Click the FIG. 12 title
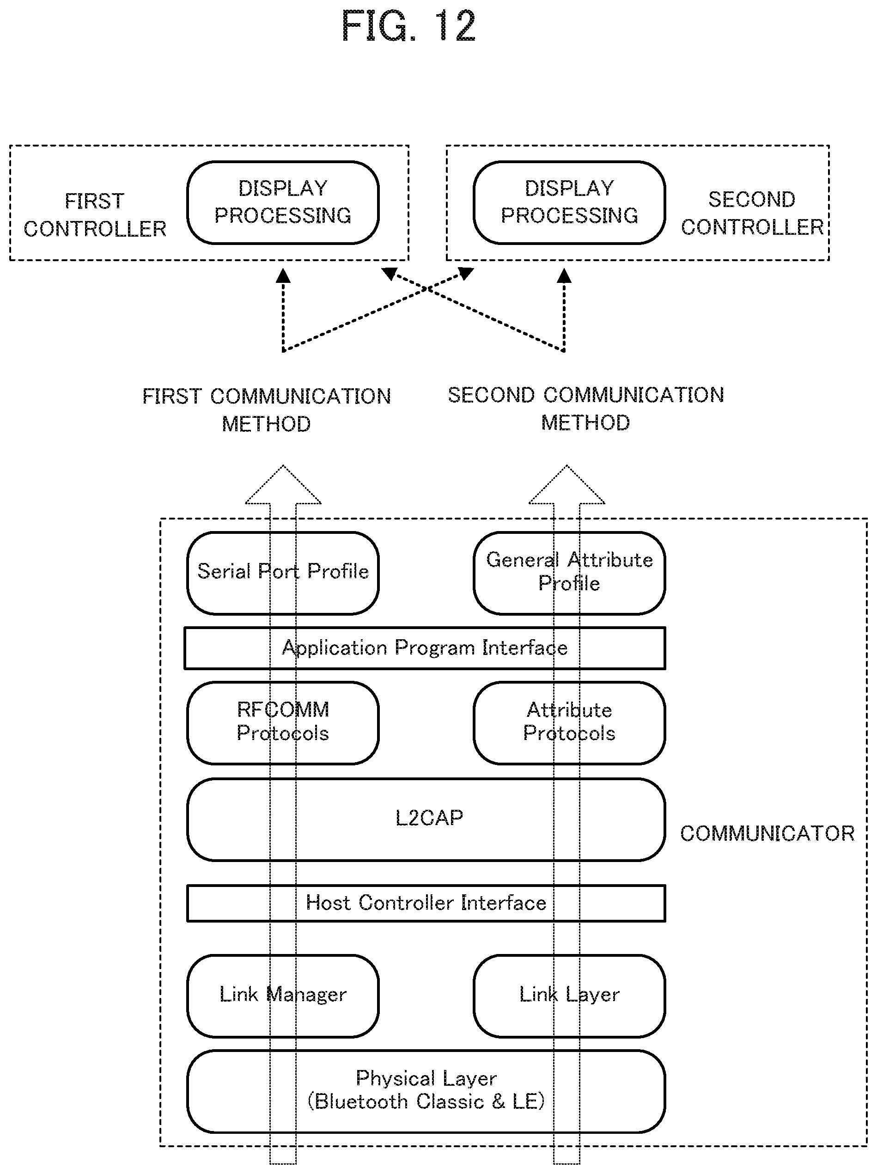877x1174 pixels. [408, 26]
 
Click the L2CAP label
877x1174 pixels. [429, 818]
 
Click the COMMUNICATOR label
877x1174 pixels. [767, 833]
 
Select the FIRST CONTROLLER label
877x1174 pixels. [95, 215]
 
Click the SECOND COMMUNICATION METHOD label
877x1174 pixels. [586, 409]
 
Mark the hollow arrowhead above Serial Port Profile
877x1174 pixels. [283, 484]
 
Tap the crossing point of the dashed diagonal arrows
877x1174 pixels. [426, 289]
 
